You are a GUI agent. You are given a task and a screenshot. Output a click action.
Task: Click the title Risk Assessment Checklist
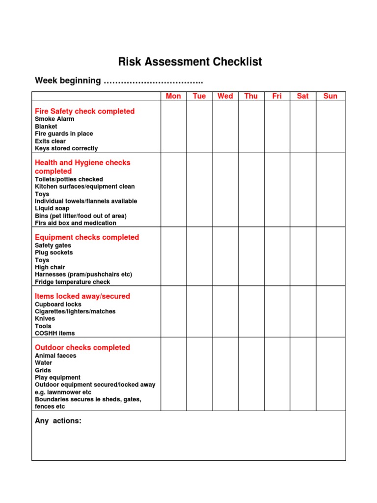[189, 62]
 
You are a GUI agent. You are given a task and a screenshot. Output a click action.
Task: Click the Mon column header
[173, 96]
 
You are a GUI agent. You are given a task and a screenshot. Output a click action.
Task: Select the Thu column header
[251, 96]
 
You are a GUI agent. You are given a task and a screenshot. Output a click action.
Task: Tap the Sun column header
[330, 96]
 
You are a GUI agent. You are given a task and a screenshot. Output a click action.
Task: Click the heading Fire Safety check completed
[84, 112]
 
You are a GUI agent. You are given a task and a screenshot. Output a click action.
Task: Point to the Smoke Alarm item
[54, 119]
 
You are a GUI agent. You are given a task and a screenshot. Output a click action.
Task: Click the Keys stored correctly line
[66, 148]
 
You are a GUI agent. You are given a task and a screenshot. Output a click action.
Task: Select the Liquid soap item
[52, 208]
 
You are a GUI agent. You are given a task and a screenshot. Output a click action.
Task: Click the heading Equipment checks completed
[87, 237]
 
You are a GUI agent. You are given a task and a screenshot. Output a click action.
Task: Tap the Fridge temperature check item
[72, 282]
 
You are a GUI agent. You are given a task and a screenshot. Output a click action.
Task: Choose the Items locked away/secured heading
[82, 296]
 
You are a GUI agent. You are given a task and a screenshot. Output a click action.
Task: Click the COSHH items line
[54, 333]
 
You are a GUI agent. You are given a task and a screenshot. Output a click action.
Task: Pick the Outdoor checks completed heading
[82, 348]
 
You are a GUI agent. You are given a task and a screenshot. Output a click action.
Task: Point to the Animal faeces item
[55, 356]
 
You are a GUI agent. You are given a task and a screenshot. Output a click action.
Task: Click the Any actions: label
[58, 421]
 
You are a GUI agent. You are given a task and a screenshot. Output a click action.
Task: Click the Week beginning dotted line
[153, 81]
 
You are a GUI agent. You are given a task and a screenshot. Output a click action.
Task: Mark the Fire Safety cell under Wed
[225, 127]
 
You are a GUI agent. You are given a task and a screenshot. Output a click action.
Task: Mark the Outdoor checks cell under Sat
[303, 374]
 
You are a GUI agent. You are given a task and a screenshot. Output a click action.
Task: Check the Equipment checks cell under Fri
[277, 256]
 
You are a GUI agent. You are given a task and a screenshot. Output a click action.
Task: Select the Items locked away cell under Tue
[199, 311]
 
